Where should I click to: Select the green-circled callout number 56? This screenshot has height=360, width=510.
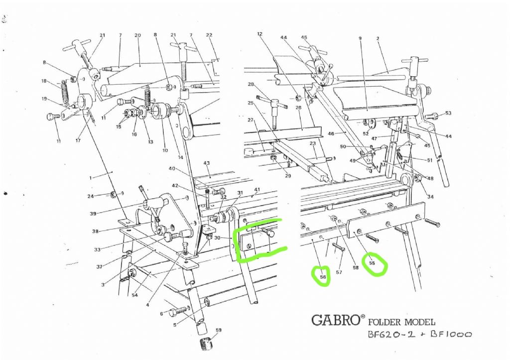pos(322,277)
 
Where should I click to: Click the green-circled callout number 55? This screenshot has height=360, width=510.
pos(372,262)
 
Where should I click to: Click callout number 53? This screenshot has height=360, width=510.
pos(448,114)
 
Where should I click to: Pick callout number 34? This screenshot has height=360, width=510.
pos(430,197)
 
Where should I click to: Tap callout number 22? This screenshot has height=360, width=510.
pos(209,35)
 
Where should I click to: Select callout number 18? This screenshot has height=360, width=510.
pos(44,81)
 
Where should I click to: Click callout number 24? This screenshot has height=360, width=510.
pos(91,196)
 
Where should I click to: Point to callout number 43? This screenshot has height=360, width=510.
pos(207,163)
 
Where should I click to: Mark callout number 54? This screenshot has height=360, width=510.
pos(134,296)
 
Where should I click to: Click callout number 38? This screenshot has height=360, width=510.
pos(95,231)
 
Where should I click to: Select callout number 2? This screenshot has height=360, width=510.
pos(378,38)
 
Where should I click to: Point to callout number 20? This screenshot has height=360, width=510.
pos(137,35)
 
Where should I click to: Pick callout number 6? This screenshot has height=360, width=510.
pos(161,314)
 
